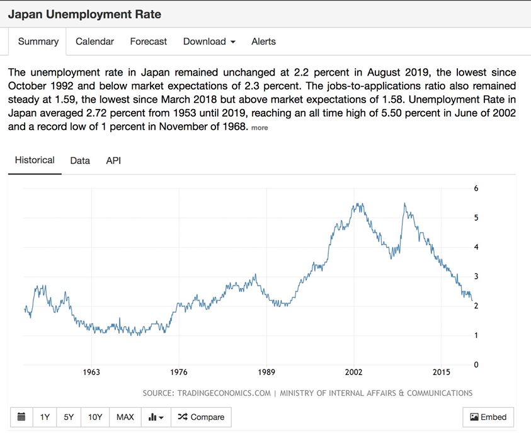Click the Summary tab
tap(38, 42)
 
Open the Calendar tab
tap(94, 42)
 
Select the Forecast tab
tap(149, 42)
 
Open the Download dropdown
tap(209, 42)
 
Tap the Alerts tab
tap(263, 42)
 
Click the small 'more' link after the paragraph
tap(260, 127)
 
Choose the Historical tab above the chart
tap(35, 160)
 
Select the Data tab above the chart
tap(80, 161)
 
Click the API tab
tap(113, 161)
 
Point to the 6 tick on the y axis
tap(476, 188)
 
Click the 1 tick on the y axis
tap(476, 335)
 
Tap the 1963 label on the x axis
tap(91, 373)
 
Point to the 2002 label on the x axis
tap(354, 373)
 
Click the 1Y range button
tap(45, 417)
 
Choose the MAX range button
tap(125, 417)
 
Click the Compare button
tap(202, 417)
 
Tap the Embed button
tap(488, 417)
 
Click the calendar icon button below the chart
tap(21, 417)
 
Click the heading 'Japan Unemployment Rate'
tap(84, 14)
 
